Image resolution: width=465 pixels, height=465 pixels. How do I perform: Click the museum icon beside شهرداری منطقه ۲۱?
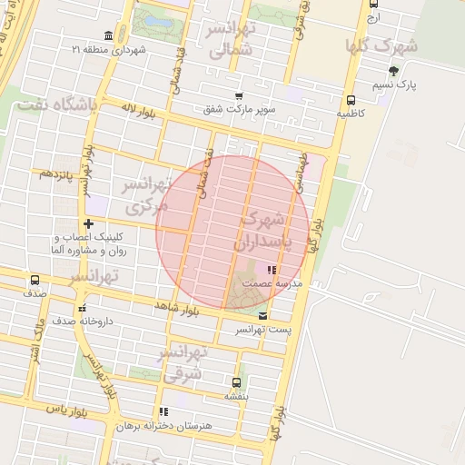coord(109,35)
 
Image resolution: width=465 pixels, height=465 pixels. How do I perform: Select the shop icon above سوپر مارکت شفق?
coord(239,96)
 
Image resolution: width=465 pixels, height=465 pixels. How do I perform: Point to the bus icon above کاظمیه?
coord(351,101)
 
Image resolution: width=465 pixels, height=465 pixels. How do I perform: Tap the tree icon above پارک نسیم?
coord(392,71)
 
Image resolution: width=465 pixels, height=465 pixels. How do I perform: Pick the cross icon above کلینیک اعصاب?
coord(88,223)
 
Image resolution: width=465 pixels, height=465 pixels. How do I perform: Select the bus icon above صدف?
coord(35,281)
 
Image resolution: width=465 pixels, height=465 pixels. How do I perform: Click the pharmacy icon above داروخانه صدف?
coord(82,307)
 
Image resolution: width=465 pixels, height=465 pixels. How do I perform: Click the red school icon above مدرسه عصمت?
coord(270,270)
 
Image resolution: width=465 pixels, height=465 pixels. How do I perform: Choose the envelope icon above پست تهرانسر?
coord(263,315)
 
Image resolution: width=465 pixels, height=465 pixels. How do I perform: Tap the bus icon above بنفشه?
coord(237,382)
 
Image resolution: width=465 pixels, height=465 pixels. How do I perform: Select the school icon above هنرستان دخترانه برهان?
coord(163,411)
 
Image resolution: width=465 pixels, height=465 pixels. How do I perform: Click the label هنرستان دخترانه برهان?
coord(164,425)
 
